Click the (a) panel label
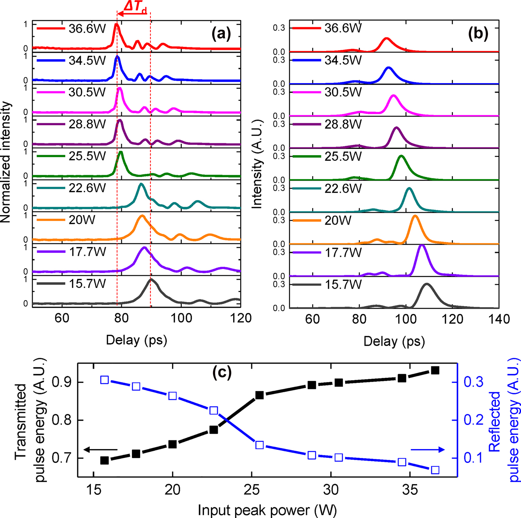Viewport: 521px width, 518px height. [221, 34]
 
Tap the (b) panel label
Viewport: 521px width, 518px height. [478, 34]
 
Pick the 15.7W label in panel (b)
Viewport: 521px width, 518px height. [343, 285]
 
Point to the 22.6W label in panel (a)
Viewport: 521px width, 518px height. [87, 188]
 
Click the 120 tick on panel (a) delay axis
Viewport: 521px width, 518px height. [240, 318]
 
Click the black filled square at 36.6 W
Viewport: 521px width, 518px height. [435, 370]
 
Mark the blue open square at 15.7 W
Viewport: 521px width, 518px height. [105, 380]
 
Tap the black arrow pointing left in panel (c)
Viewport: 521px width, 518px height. [101, 449]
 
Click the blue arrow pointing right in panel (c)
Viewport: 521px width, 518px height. [428, 449]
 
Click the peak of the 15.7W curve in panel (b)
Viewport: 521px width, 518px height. [426, 284]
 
